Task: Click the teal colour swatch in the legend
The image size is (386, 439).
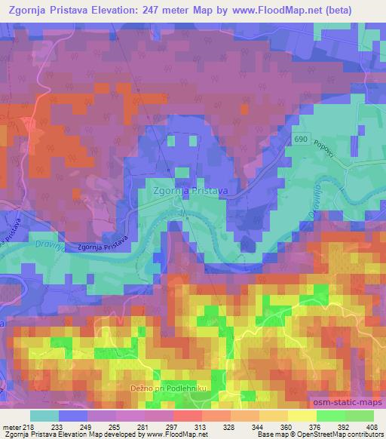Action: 44,416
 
